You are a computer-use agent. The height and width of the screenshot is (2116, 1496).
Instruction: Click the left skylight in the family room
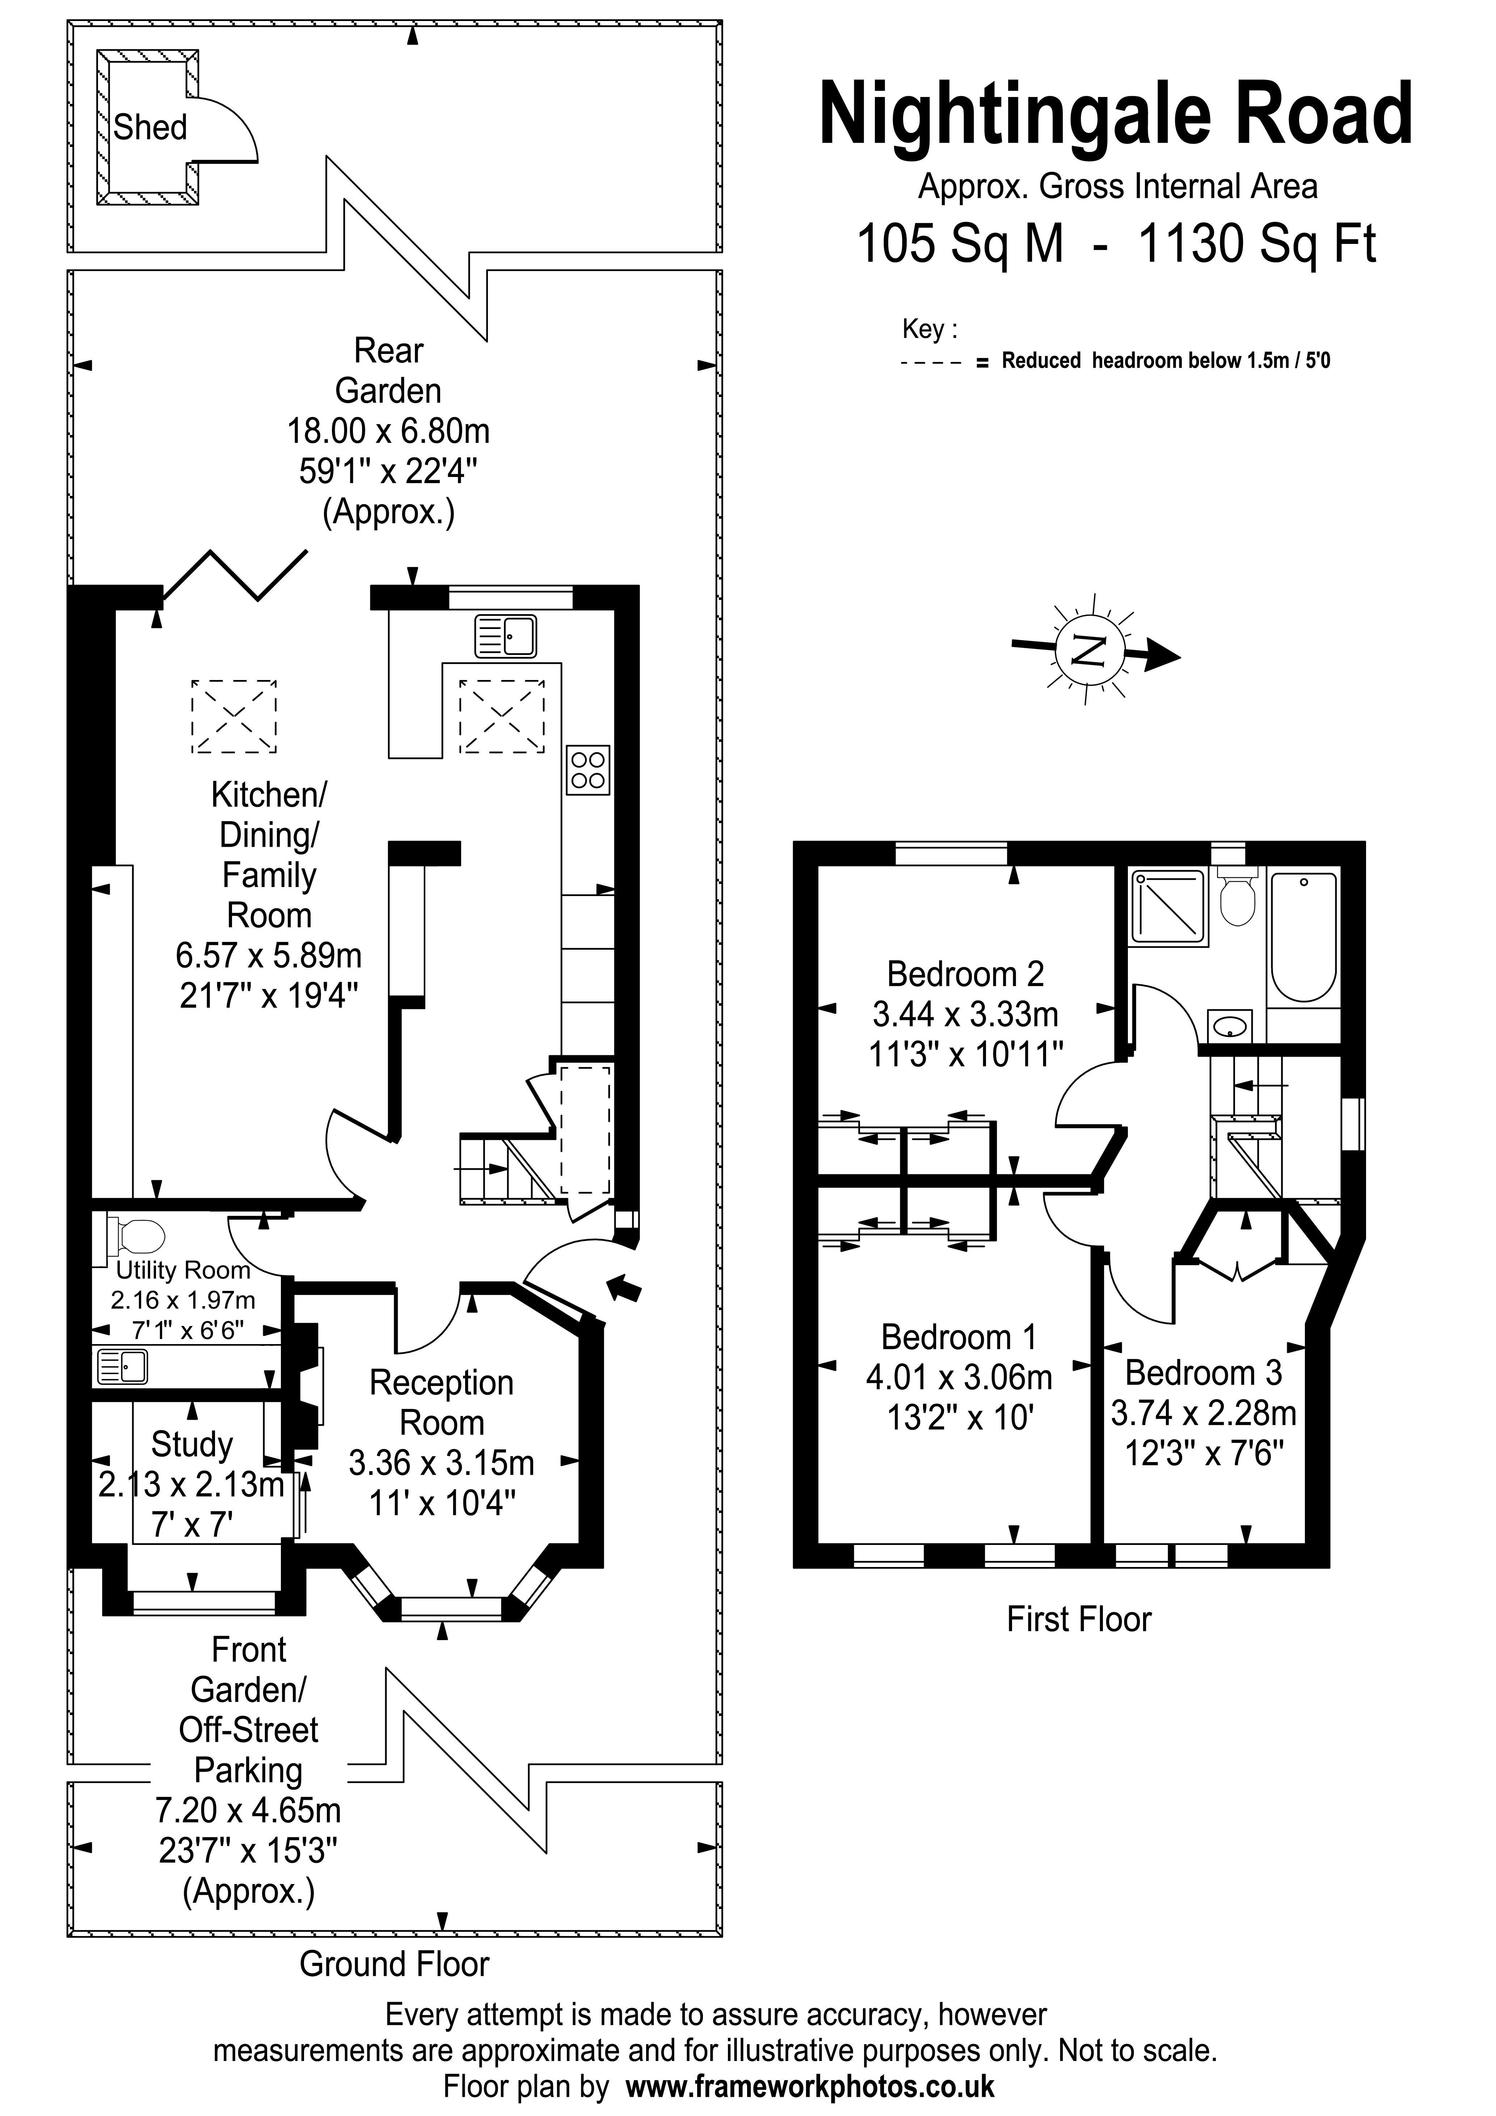point(233,716)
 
